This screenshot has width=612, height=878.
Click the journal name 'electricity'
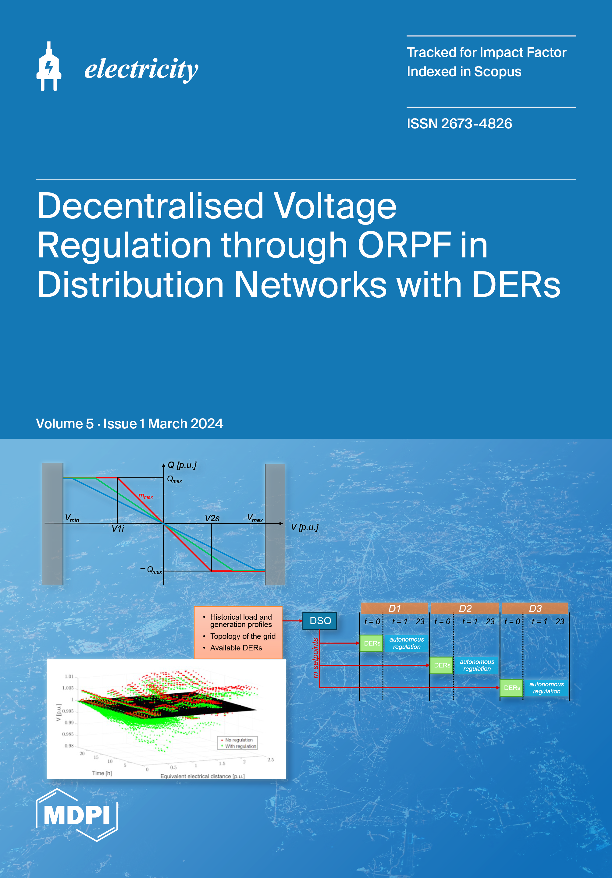[141, 69]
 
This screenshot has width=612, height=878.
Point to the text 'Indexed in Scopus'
[464, 72]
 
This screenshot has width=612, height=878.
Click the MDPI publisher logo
[77, 815]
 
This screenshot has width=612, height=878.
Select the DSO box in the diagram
[320, 621]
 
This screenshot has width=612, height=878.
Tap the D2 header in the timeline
[465, 608]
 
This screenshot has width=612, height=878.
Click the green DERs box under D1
[372, 643]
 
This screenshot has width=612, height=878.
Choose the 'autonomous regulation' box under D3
[546, 688]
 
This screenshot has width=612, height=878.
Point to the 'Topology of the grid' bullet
[243, 636]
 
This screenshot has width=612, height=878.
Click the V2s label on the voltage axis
[212, 518]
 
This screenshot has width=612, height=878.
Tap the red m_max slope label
[146, 496]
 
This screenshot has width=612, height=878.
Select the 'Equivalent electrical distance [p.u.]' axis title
[202, 776]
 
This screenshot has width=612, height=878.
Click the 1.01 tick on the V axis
[69, 676]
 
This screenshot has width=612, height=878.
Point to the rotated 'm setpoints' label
[315, 658]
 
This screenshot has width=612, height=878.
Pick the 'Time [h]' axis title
[102, 773]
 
